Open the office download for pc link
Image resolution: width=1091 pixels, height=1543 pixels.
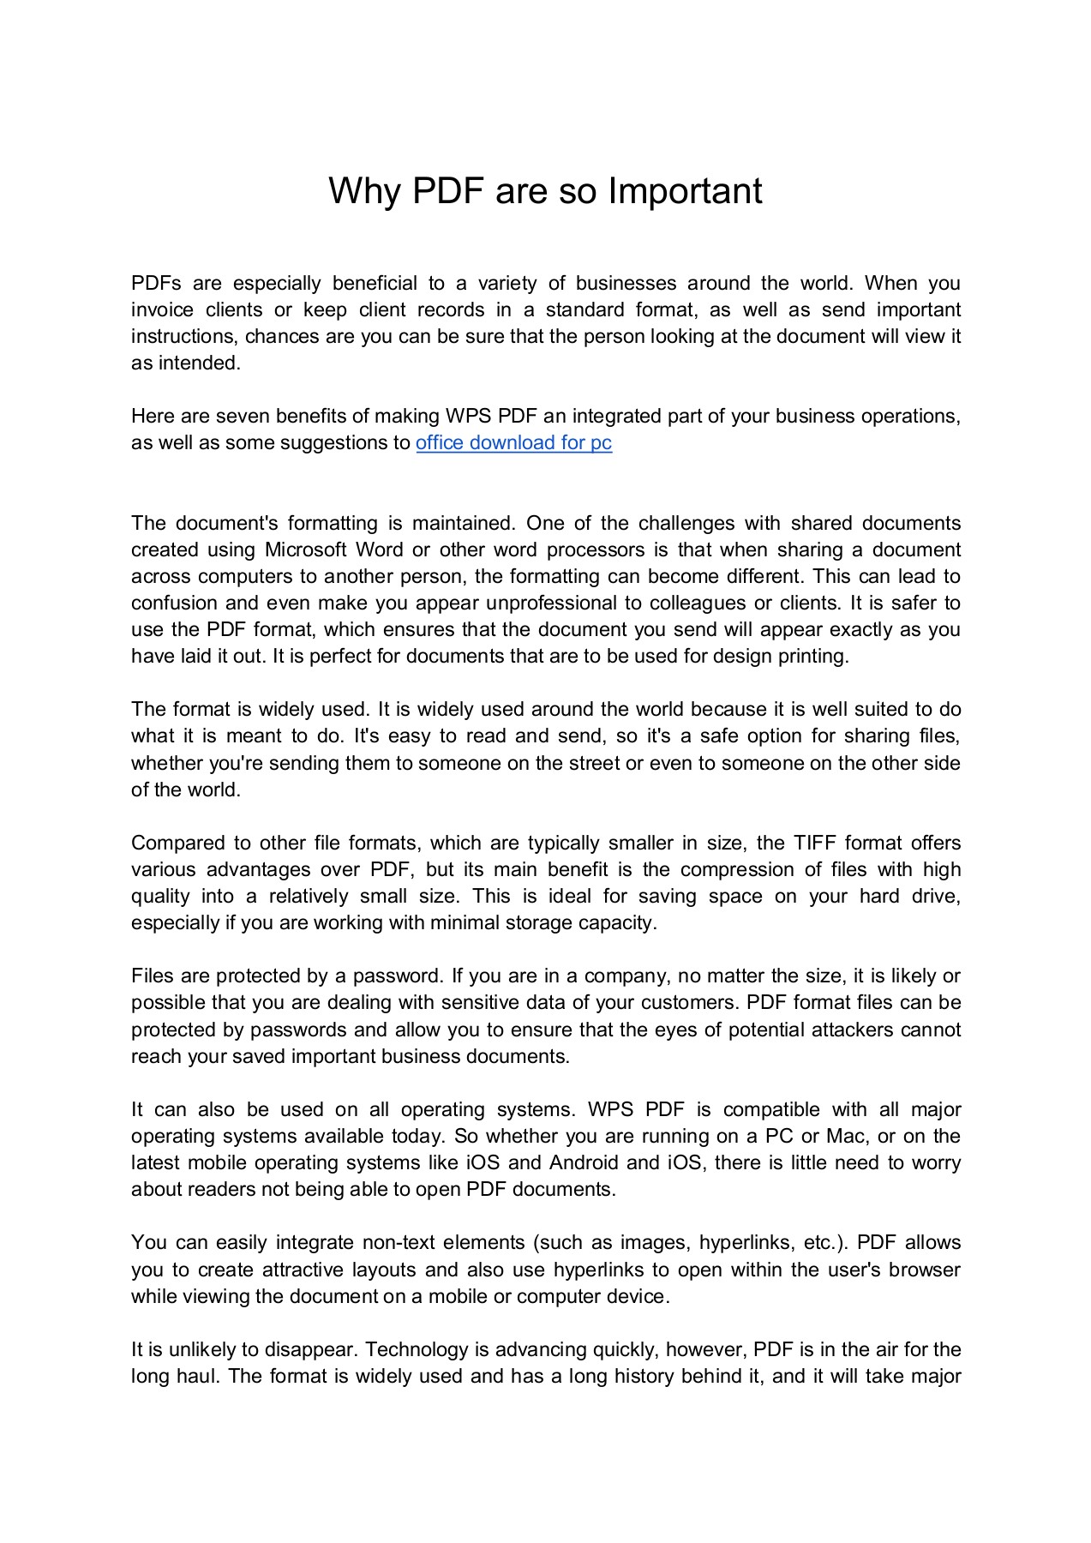point(513,442)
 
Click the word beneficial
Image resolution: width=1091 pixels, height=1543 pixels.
point(375,283)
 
